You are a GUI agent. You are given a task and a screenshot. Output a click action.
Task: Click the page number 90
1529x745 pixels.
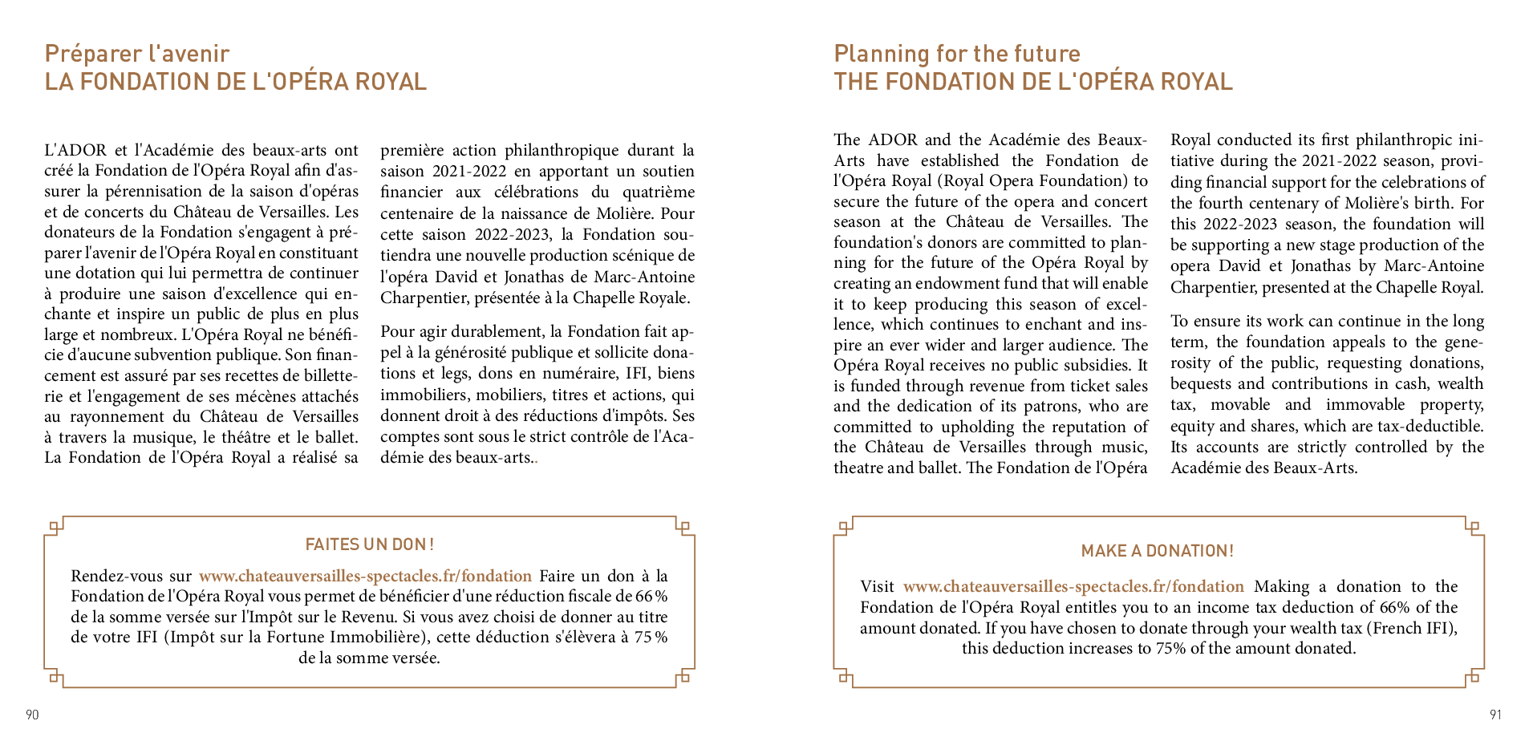pos(32,715)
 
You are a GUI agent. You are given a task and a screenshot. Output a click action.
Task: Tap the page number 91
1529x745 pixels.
pos(1495,715)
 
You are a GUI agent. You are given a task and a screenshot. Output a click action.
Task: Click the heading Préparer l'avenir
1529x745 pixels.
pos(137,54)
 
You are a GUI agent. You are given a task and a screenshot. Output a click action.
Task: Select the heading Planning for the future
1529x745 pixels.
pos(957,54)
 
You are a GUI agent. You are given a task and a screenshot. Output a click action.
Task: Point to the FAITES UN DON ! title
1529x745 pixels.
pos(369,545)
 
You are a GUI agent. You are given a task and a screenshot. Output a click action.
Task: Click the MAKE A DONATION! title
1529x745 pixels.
pos(1157,551)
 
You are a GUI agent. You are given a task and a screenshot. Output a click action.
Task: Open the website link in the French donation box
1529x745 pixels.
pos(365,576)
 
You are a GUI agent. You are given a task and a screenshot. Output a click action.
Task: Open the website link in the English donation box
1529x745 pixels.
pos(1073,586)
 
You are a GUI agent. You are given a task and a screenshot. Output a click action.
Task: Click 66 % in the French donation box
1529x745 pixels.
pos(651,597)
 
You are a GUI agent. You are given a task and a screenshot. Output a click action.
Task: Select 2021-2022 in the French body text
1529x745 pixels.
pos(469,172)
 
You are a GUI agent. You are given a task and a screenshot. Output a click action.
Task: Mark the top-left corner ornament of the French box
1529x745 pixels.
pos(55,527)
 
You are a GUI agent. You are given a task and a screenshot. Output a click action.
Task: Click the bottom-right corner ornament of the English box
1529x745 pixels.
pos(1473,678)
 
